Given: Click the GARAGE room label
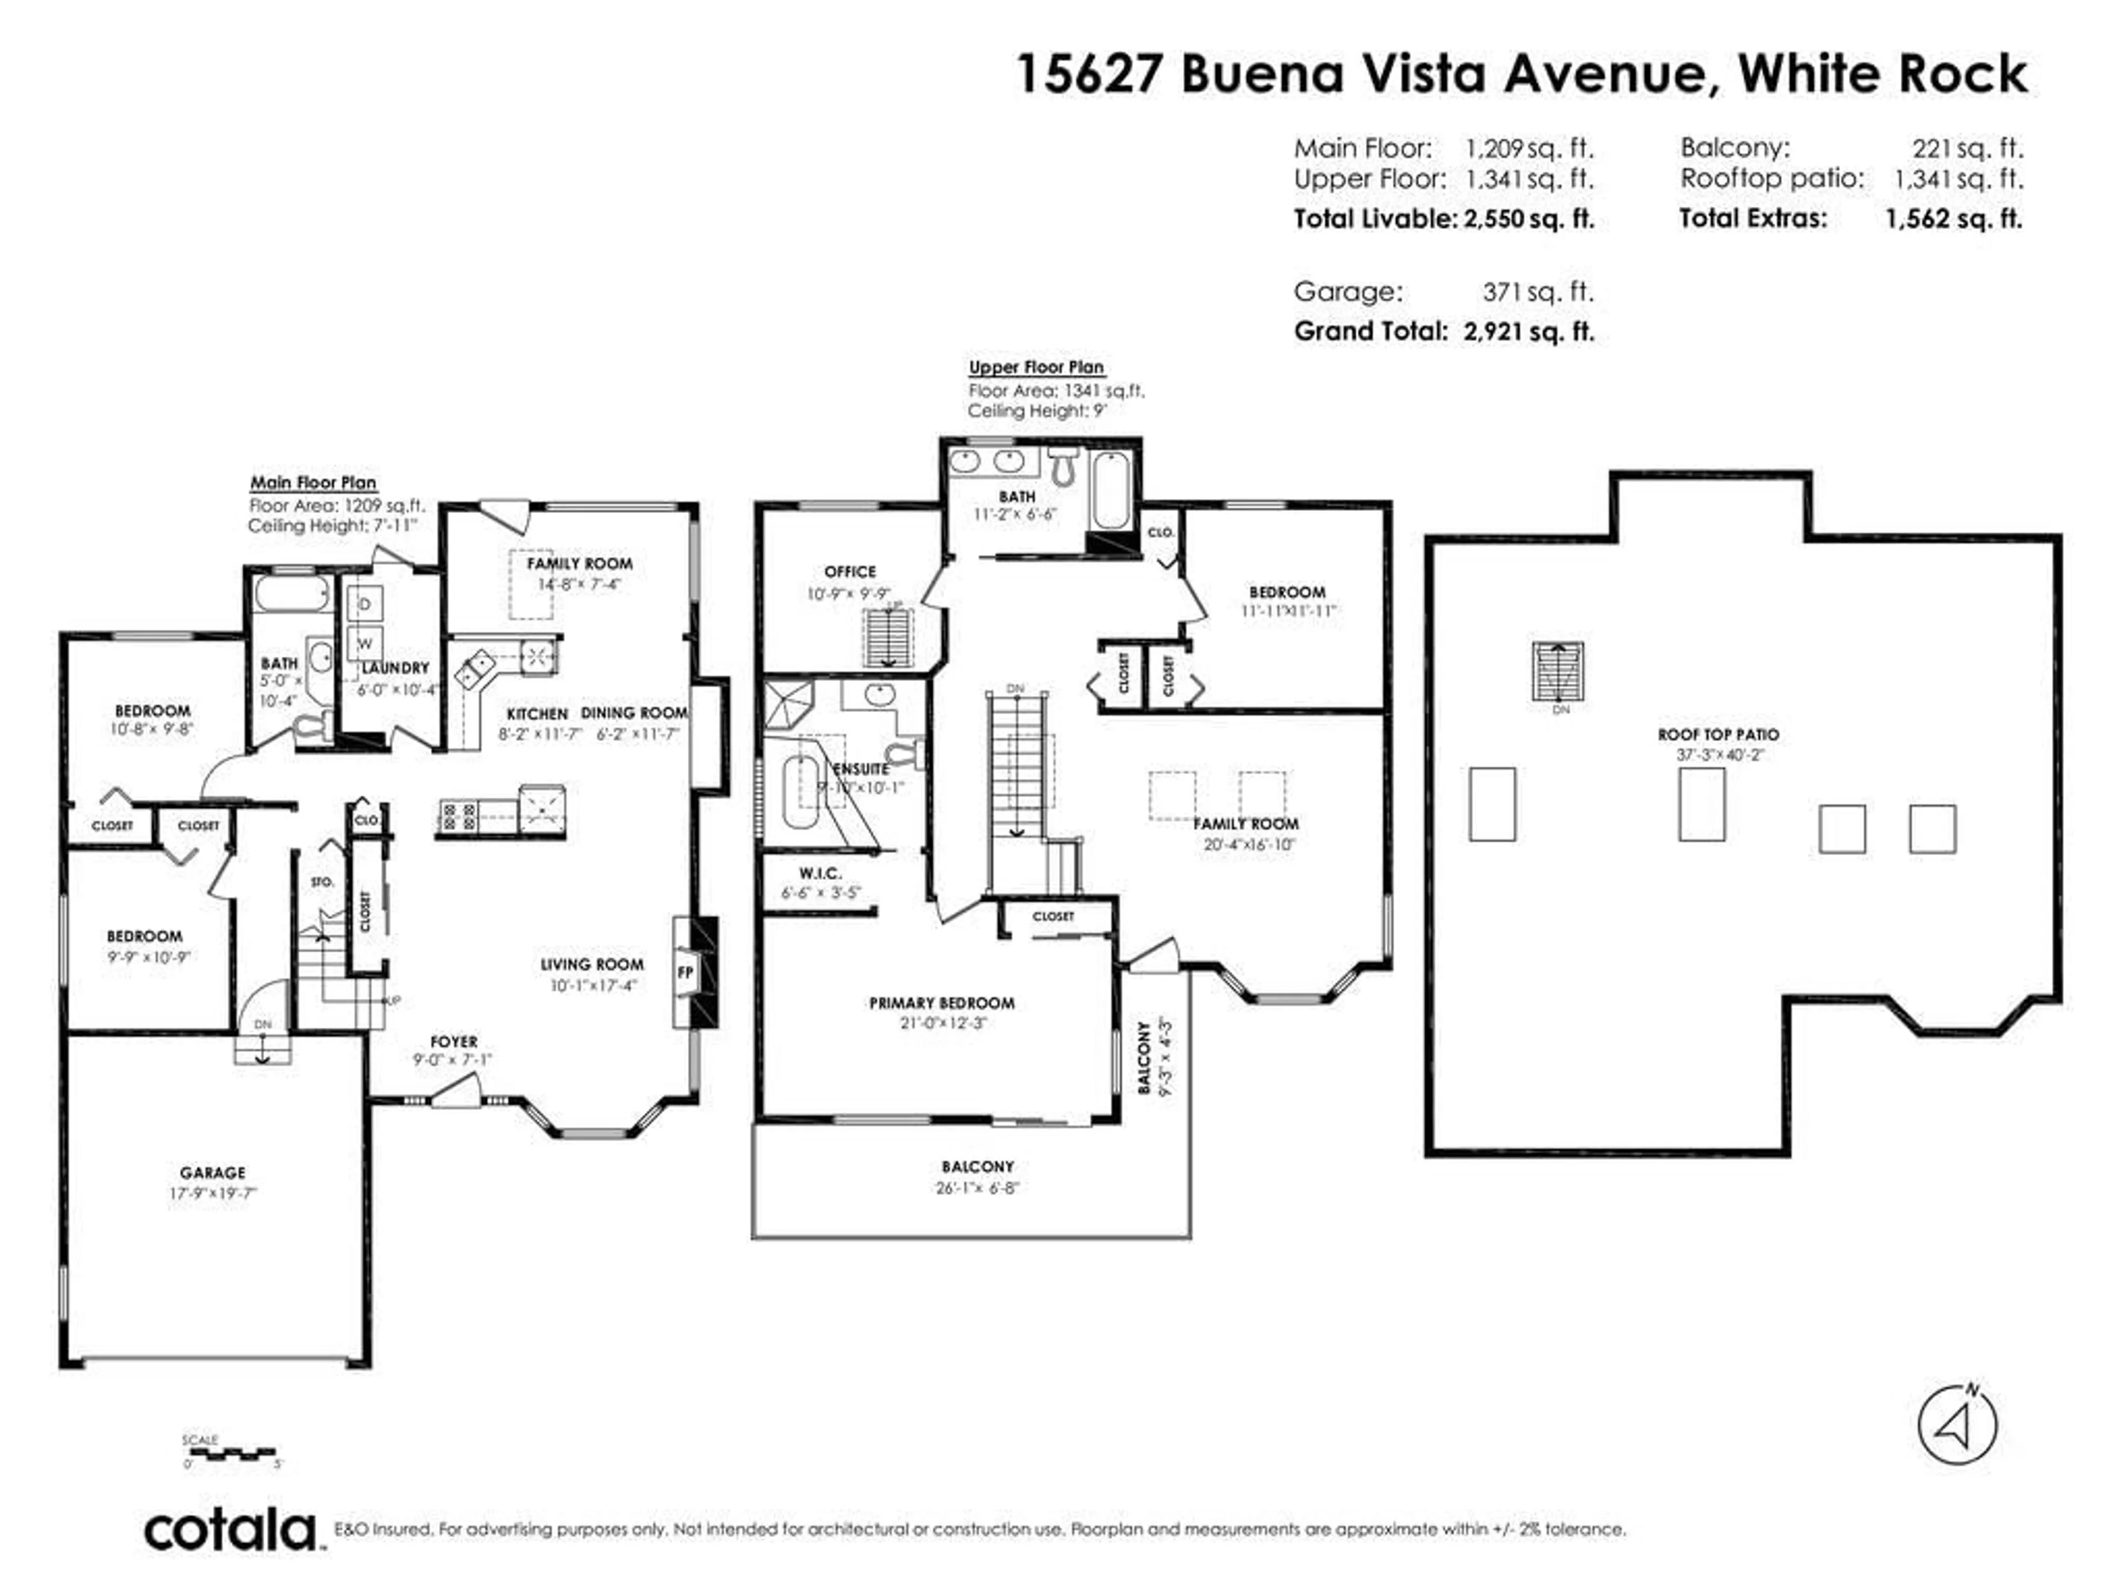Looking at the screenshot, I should coord(212,1172).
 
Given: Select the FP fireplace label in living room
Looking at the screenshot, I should coord(685,972).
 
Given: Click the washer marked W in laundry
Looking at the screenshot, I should coord(365,643).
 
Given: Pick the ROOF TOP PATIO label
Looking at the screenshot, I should coord(1718,734).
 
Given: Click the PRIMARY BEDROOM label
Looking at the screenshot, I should coord(942,1003).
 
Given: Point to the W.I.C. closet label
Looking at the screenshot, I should coord(820,873).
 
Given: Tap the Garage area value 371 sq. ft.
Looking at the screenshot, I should coord(1538,292).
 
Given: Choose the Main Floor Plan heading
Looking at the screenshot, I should coord(313,483).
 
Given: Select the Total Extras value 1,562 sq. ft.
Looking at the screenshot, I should coord(1953,219).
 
